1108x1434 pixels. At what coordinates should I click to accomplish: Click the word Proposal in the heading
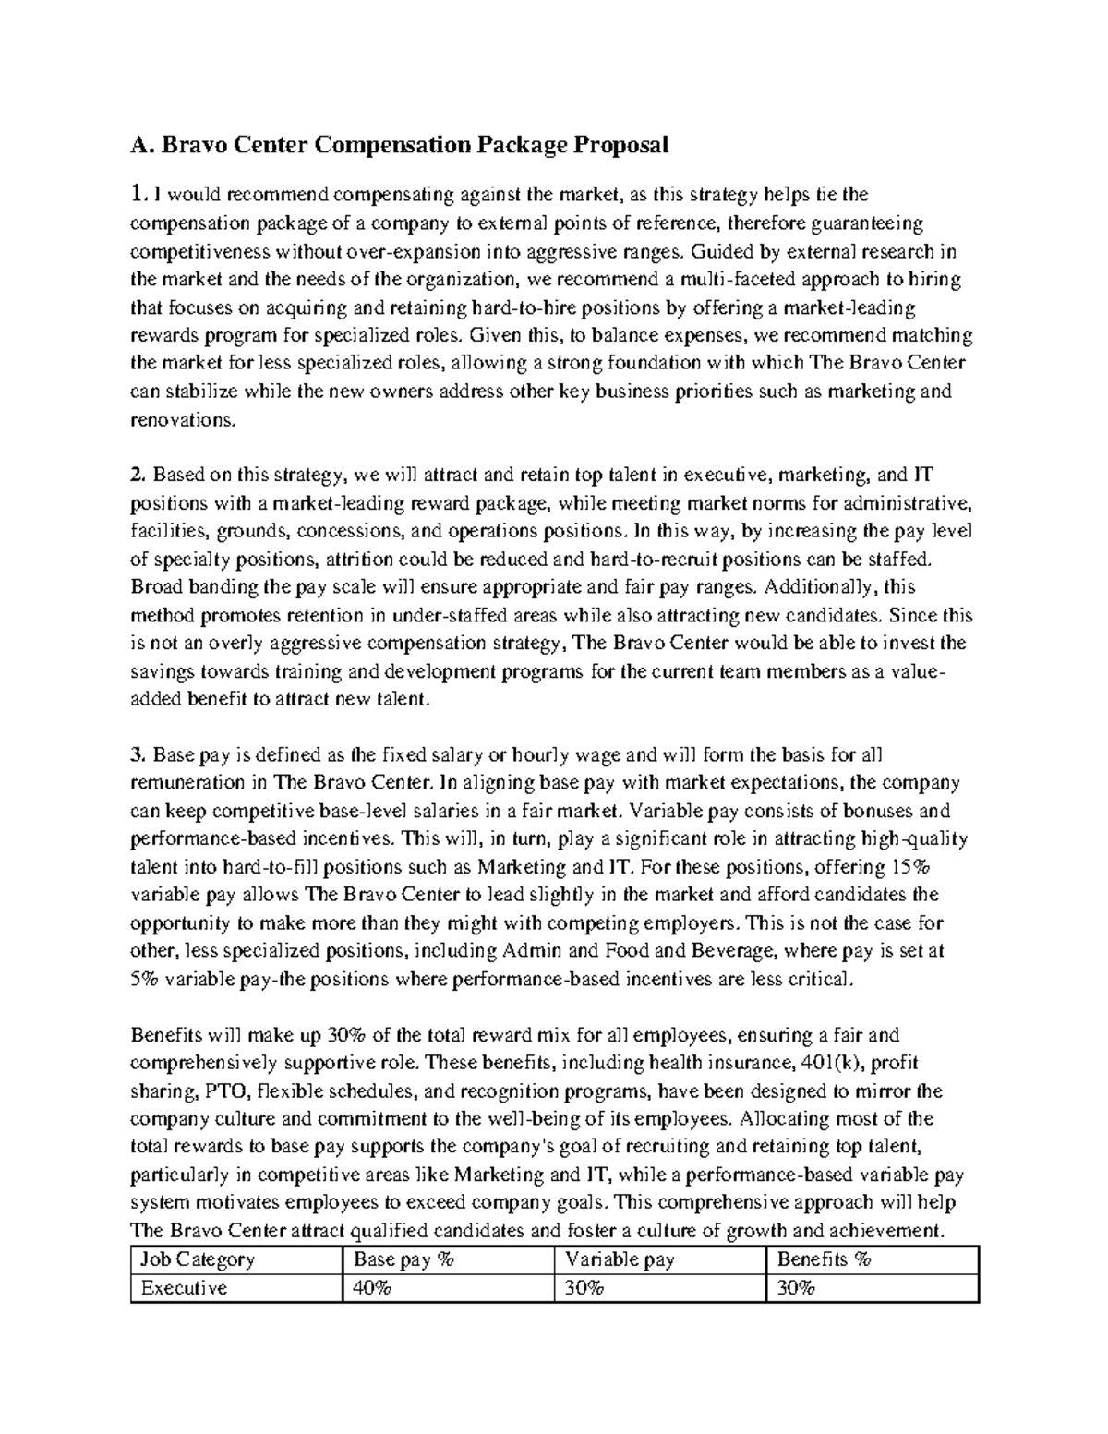tap(620, 145)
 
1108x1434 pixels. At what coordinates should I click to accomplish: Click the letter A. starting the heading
tap(140, 145)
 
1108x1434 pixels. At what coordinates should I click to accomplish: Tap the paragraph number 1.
tap(138, 195)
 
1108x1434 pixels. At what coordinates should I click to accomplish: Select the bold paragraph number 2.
tap(138, 476)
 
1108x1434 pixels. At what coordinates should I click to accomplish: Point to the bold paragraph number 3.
tap(138, 755)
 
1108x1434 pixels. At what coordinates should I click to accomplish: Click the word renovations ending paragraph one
tap(182, 419)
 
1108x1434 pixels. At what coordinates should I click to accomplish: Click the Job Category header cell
tap(196, 1259)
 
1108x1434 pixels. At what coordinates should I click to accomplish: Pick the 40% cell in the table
tap(367, 1288)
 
